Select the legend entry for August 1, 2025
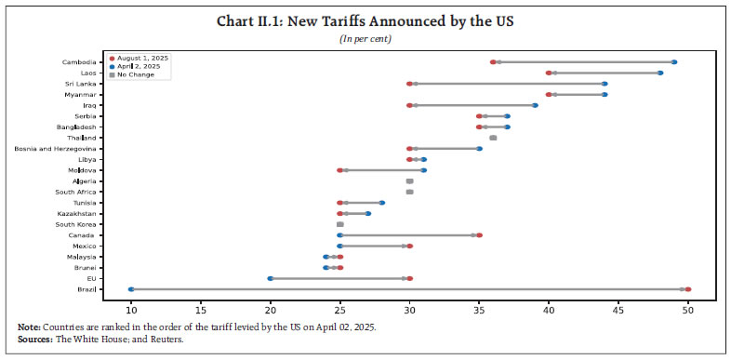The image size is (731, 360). point(144,58)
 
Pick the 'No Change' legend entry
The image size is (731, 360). point(138,74)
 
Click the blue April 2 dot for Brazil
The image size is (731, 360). point(131,289)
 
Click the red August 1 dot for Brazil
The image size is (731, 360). point(687,289)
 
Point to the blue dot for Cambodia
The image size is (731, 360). point(674,62)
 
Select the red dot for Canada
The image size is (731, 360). point(479,235)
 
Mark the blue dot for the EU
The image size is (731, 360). point(271,278)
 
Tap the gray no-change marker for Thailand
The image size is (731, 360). point(493,138)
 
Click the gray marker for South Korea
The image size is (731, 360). point(339,224)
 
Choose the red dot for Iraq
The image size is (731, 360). point(409,105)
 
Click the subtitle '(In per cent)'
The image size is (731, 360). point(365,38)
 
